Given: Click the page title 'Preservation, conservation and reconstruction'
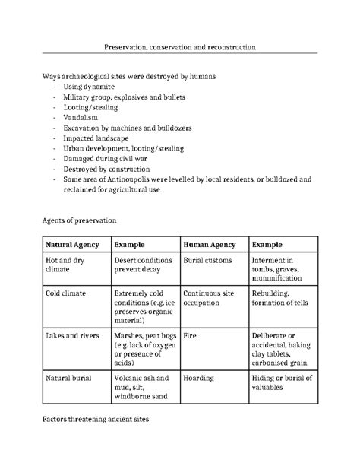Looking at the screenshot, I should [x=179, y=47].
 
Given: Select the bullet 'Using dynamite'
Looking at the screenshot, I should [x=90, y=88].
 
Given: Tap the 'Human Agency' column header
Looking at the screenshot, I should [x=210, y=246].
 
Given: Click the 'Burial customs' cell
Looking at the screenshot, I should [x=209, y=261].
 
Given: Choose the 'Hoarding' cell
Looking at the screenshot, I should [x=199, y=378].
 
